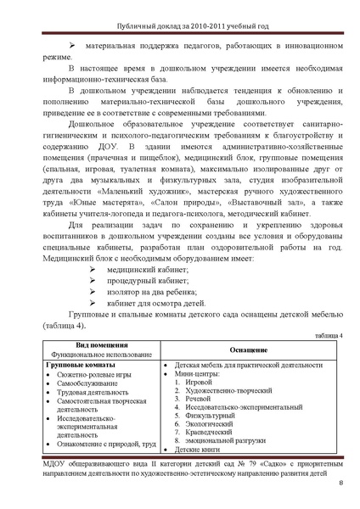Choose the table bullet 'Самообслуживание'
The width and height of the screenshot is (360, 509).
click(88, 383)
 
